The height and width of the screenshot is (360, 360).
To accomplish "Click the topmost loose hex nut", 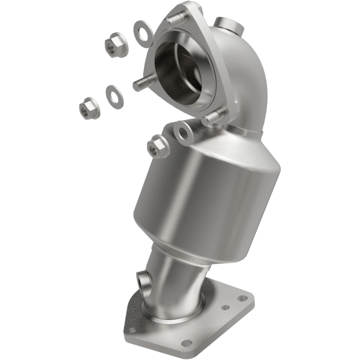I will [x=116, y=45].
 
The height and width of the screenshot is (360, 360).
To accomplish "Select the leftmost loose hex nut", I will [x=89, y=108].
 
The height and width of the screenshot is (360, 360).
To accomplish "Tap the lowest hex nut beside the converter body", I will [x=157, y=147].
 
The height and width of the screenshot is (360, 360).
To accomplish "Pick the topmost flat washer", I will [x=143, y=33].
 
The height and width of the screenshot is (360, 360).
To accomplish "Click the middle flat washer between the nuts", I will [x=114, y=96].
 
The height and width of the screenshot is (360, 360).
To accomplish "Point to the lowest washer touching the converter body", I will [x=183, y=133].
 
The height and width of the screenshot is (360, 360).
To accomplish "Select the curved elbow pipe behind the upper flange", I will [x=245, y=76].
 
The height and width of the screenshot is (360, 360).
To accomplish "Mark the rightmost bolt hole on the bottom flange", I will [x=243, y=298].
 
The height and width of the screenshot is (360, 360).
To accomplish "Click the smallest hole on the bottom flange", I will [x=225, y=307].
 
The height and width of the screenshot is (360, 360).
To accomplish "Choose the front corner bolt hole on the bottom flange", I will [x=186, y=344].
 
